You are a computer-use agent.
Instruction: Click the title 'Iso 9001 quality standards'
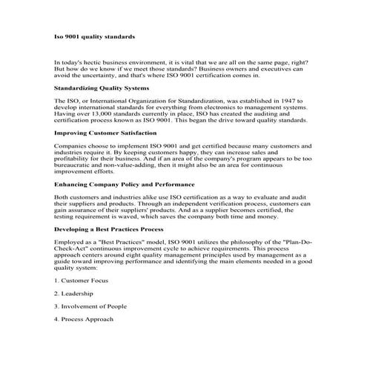[x=94, y=36]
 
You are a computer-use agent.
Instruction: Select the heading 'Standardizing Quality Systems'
[x=102, y=87]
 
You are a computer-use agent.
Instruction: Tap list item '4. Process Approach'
[x=84, y=319]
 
